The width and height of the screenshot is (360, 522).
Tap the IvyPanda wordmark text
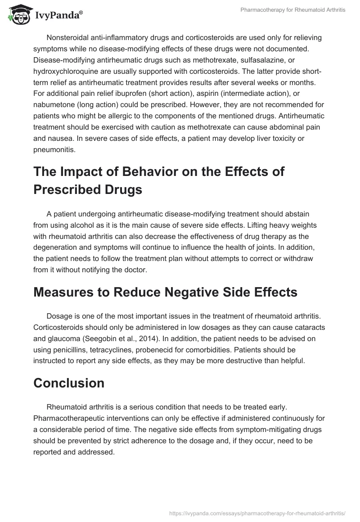pos(58,16)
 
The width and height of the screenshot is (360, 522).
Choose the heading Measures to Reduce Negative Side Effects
pos(165,292)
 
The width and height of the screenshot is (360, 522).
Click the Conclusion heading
pos(69,383)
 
